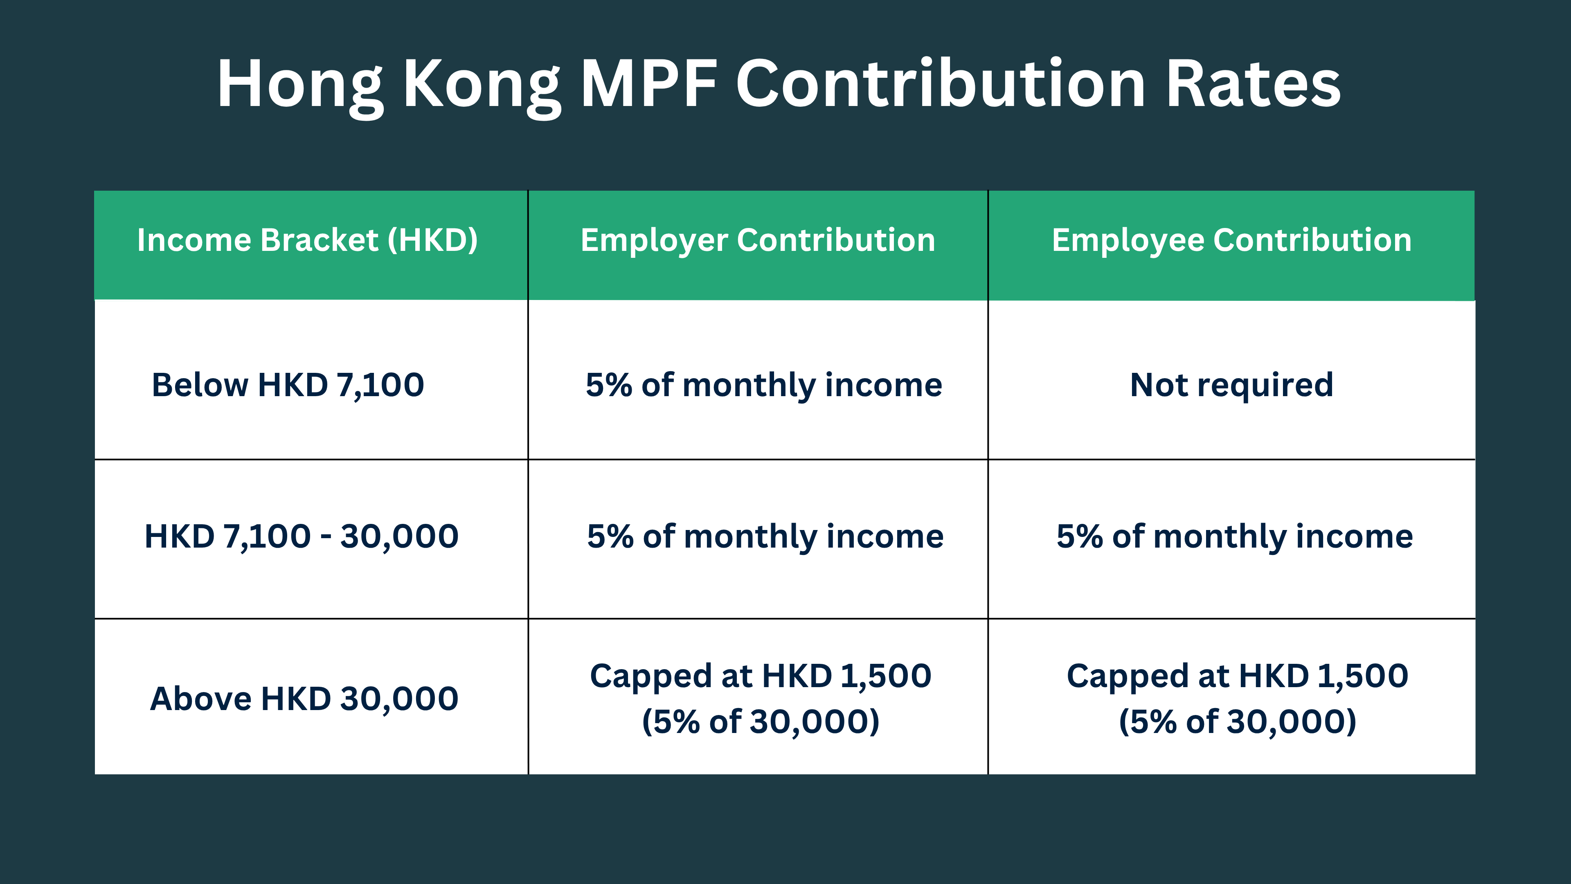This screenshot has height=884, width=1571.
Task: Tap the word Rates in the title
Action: (x=1253, y=84)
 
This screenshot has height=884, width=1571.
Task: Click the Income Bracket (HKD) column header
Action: (x=307, y=240)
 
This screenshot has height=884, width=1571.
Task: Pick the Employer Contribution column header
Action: (x=757, y=240)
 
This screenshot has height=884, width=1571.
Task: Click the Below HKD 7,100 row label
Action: (x=288, y=385)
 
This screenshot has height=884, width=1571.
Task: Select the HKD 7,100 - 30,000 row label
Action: (x=301, y=536)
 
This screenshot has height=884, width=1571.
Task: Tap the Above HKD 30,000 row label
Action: (x=304, y=699)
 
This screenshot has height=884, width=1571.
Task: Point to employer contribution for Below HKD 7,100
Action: (x=763, y=385)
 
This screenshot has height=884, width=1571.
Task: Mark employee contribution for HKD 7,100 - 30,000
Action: (x=1234, y=536)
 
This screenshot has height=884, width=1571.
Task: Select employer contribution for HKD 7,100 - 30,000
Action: (x=765, y=536)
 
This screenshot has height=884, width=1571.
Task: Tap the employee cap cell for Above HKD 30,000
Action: (x=1237, y=699)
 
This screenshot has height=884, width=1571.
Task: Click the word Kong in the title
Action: (x=482, y=84)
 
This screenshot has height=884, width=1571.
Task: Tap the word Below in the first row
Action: (x=200, y=385)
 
